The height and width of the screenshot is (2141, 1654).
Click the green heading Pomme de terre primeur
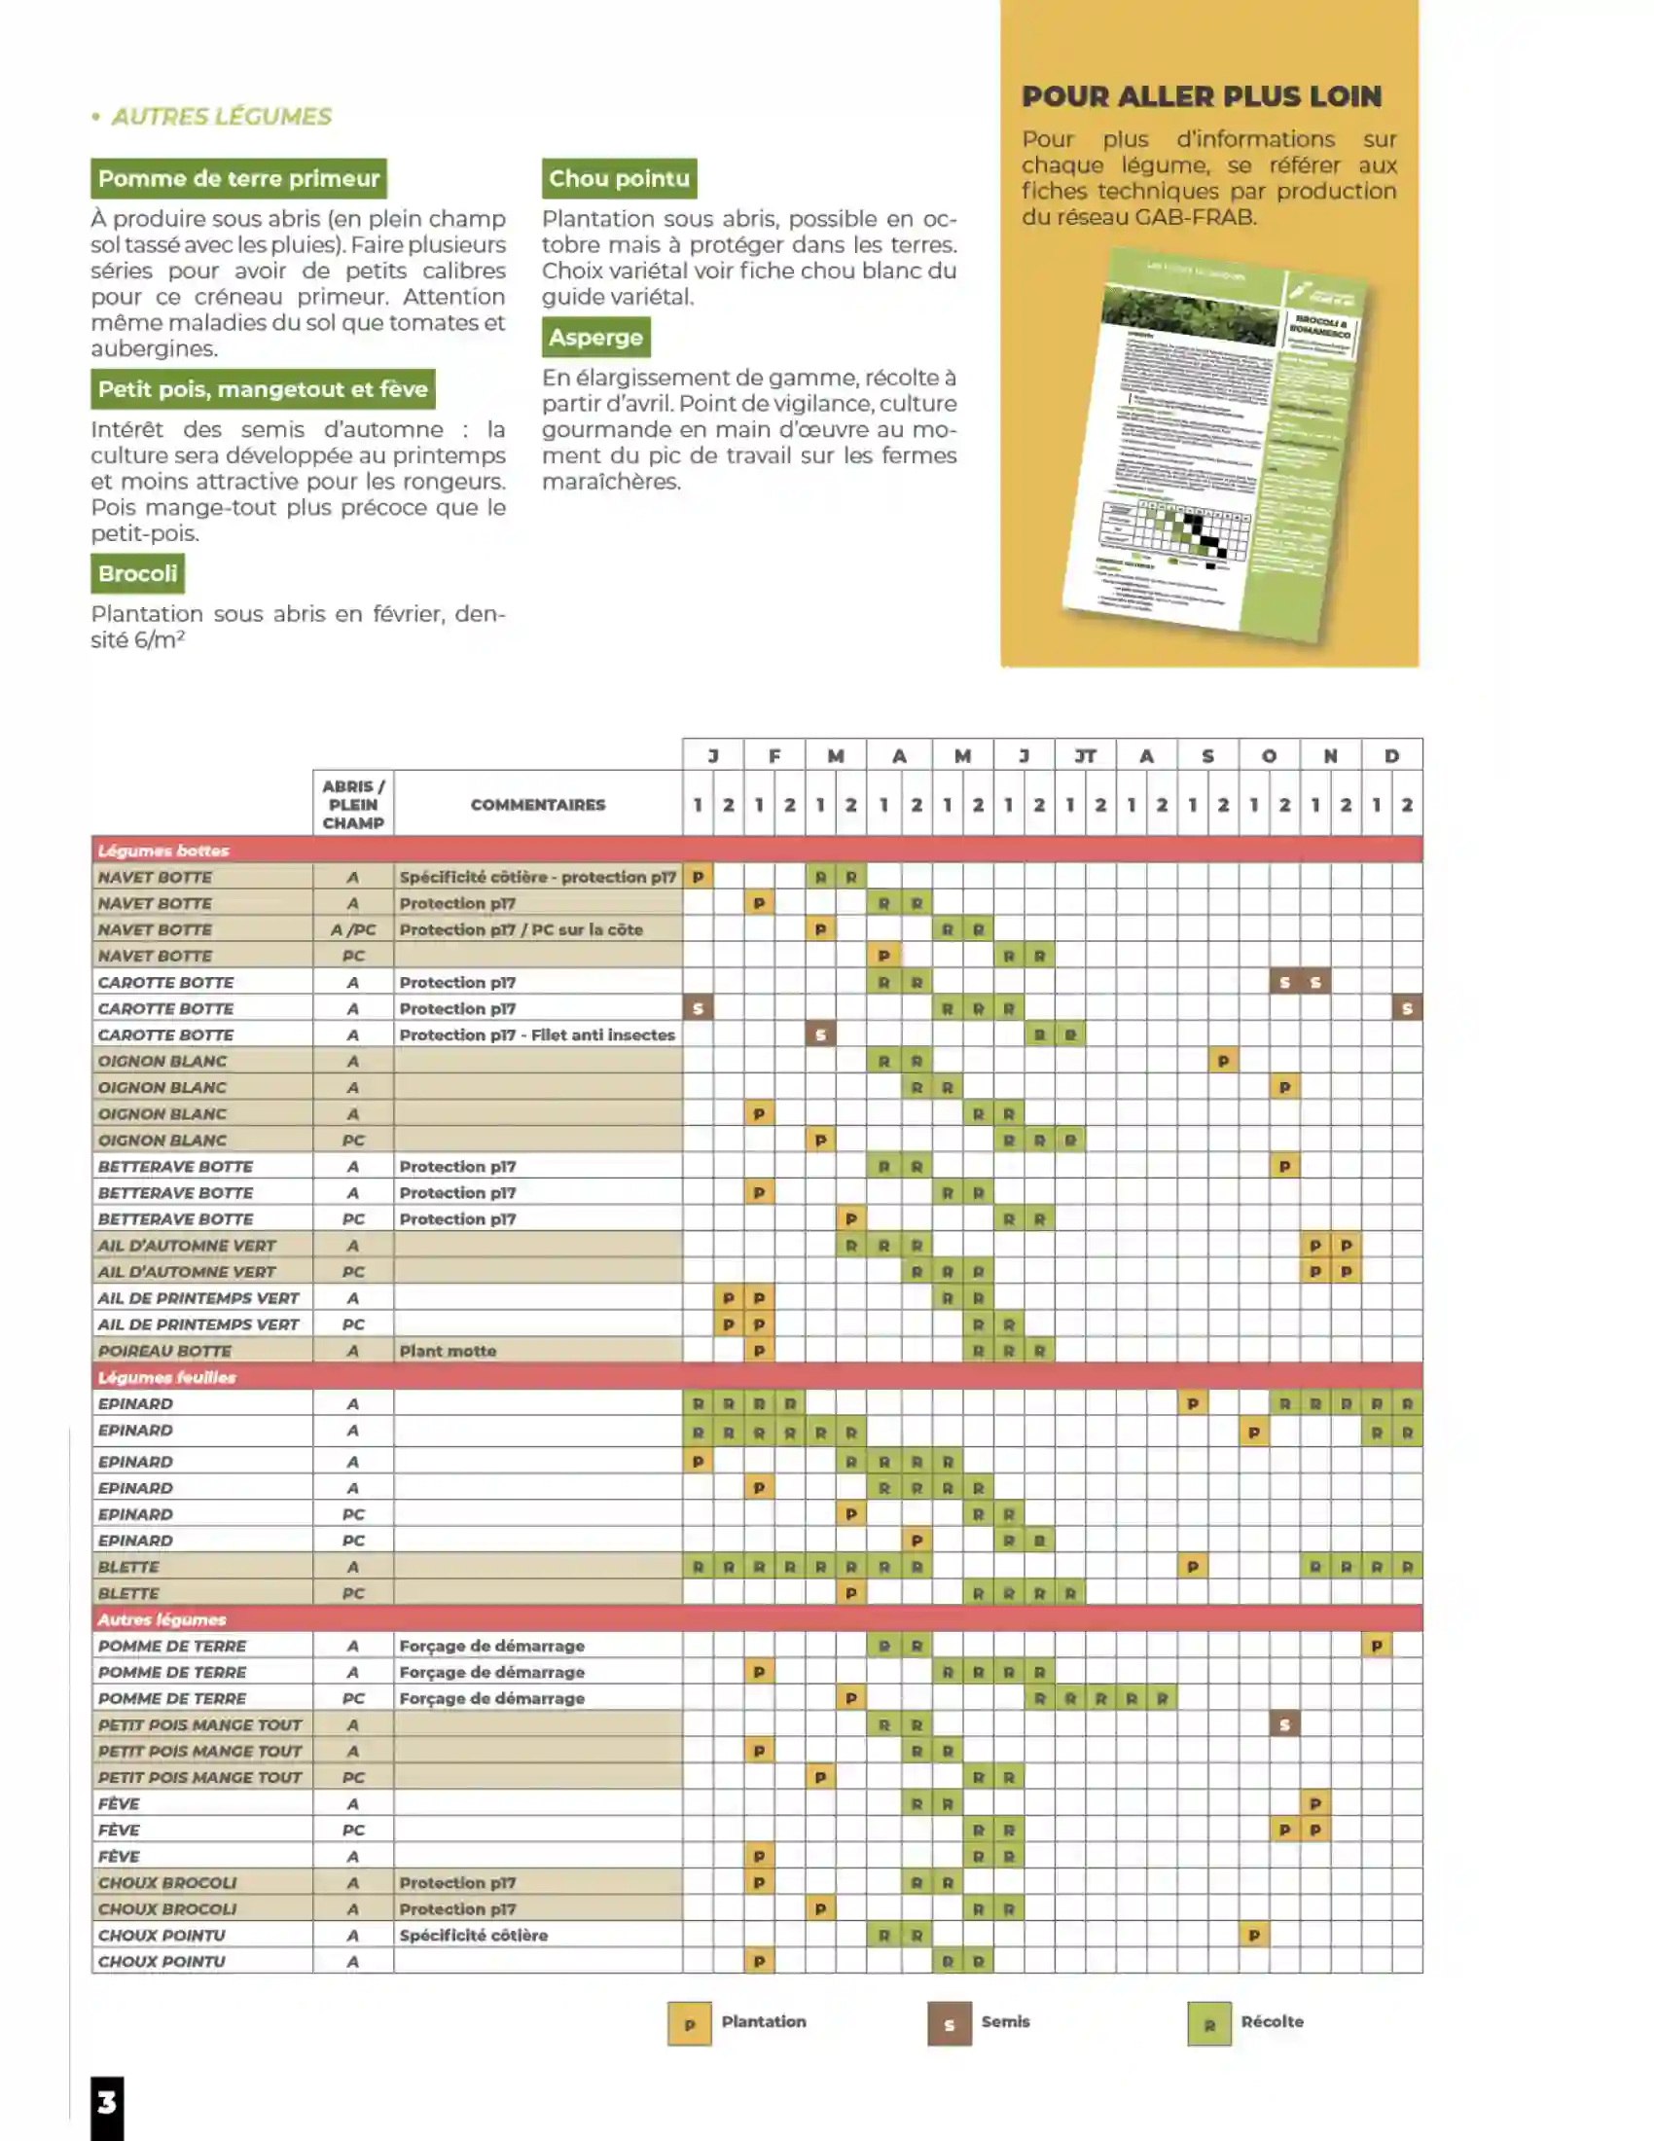coord(238,178)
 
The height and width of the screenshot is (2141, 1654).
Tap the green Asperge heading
coord(594,338)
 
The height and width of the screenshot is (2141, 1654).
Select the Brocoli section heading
coord(137,573)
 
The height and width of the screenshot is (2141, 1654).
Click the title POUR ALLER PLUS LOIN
coord(1202,96)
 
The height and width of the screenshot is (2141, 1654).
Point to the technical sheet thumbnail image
coord(1215,446)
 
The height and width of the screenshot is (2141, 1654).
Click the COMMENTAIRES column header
coord(537,805)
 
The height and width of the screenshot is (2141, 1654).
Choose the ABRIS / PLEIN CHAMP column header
coord(353,805)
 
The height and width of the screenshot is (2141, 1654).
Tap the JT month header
coord(1085,756)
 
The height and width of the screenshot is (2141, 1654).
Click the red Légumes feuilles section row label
coord(166,1377)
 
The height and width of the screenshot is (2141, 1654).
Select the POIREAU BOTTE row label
coord(164,1351)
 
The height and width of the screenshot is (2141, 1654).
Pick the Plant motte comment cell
coord(448,1351)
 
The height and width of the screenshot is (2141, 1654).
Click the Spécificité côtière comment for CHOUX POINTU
coord(473,1935)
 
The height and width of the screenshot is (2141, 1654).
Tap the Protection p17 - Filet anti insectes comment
coord(537,1034)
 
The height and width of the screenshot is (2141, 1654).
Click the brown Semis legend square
coord(949,2023)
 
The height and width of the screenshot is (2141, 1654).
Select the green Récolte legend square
coord(1208,2023)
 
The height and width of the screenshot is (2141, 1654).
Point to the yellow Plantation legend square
coord(689,2023)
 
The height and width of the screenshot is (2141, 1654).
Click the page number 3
coord(107,2102)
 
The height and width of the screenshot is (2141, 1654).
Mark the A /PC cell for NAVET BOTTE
coord(353,929)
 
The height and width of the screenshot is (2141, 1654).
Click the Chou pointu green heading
coord(618,178)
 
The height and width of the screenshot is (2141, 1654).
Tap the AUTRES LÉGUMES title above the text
coord(222,117)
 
